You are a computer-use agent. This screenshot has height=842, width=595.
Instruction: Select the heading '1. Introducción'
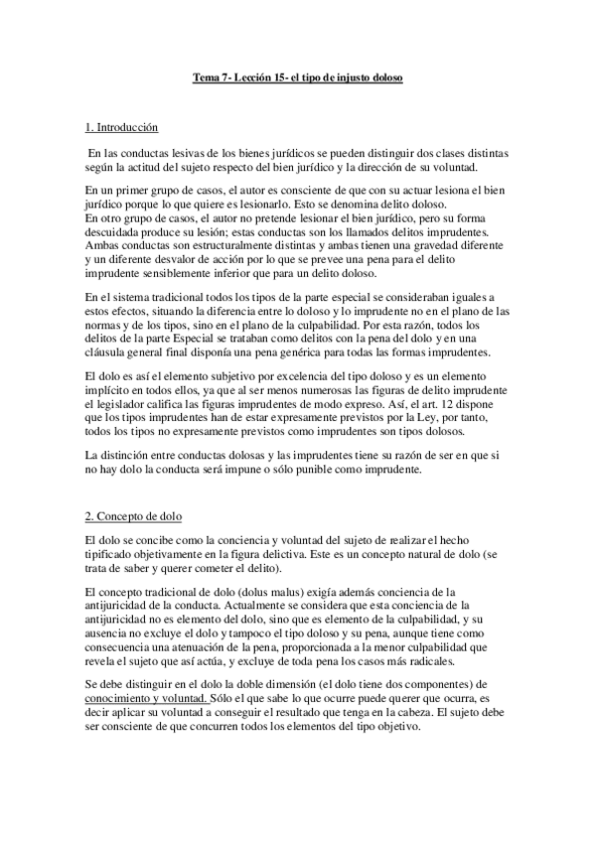tap(121, 129)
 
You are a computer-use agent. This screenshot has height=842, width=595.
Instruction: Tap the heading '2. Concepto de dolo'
tap(133, 518)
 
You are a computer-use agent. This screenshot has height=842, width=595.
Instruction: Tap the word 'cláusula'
tap(108, 352)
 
